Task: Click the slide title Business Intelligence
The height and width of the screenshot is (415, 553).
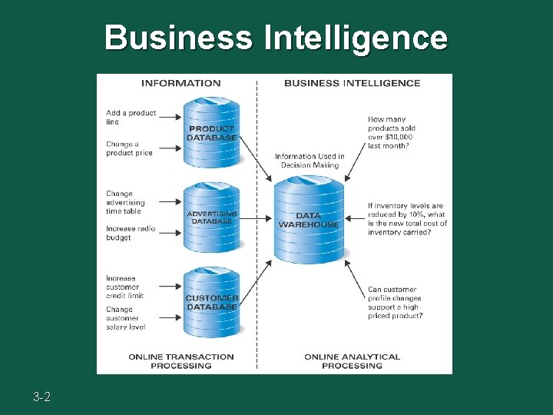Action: [x=276, y=37]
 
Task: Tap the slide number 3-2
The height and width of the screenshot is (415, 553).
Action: [x=42, y=397]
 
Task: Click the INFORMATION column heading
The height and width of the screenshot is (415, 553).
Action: [x=181, y=83]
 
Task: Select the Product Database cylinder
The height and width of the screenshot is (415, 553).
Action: [x=212, y=132]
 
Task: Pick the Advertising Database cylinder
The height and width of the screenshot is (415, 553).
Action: [x=212, y=217]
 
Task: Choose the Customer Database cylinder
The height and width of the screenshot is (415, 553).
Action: [x=212, y=302]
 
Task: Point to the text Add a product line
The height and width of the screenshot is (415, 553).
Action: [x=131, y=117]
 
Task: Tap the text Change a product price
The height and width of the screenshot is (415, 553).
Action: [x=129, y=148]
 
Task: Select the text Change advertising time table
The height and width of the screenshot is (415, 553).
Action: [x=125, y=203]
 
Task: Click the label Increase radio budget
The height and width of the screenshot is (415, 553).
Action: [x=130, y=233]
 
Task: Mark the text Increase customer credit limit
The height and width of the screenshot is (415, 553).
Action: [x=125, y=287]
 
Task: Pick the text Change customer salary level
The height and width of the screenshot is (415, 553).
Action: [x=125, y=318]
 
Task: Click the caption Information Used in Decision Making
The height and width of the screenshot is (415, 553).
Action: [x=310, y=160]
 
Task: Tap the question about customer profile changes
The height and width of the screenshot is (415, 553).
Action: [x=395, y=303]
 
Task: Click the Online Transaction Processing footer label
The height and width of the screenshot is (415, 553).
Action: [x=181, y=360]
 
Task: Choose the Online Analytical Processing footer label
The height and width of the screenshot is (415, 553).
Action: [x=352, y=360]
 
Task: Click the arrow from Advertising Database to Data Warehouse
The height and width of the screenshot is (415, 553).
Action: [x=256, y=218]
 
